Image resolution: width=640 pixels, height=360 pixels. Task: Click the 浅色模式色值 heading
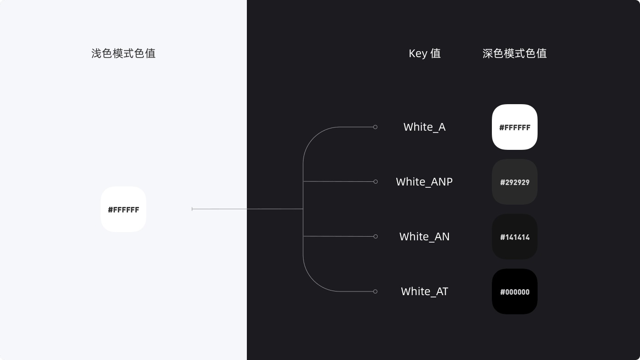tap(123, 53)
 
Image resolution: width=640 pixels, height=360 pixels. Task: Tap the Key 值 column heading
tap(425, 53)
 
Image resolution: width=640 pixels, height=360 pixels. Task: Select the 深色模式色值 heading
tap(515, 53)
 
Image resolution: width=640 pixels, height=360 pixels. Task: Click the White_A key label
tap(424, 127)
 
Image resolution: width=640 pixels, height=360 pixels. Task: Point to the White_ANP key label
tap(424, 182)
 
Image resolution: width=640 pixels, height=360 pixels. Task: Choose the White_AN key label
tap(424, 237)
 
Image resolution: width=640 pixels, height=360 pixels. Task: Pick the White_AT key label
tap(424, 291)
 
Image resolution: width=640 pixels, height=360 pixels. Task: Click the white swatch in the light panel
tap(123, 209)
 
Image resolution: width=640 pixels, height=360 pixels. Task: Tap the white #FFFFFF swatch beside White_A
tap(515, 127)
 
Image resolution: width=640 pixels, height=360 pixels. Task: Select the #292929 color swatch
tap(515, 182)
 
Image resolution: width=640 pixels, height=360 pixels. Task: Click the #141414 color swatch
tap(515, 237)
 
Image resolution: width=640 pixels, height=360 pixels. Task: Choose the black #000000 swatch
tap(515, 291)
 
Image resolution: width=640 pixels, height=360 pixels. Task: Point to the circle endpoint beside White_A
tap(375, 127)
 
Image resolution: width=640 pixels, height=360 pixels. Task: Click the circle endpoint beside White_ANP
tap(375, 181)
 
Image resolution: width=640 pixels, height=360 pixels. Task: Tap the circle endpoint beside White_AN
tap(375, 236)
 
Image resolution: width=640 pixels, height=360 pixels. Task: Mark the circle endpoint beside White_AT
tap(375, 291)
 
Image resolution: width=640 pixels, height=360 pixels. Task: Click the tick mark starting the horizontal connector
tap(192, 209)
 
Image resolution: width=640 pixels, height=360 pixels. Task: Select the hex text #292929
tap(515, 182)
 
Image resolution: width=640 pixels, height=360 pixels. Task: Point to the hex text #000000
tap(515, 292)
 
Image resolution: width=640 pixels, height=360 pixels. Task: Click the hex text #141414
tap(515, 237)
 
